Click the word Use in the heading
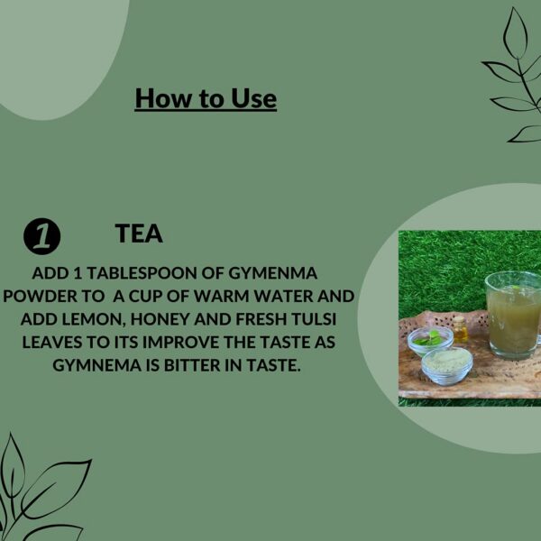point(253,98)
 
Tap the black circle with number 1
point(42,236)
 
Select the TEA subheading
point(139,234)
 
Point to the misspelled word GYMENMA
point(272,273)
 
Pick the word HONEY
point(160,319)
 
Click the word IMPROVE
point(181,343)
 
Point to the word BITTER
point(192,365)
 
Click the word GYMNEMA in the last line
point(97,365)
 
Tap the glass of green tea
point(513,315)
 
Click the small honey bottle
point(460,329)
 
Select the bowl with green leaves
point(430,340)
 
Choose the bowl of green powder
point(447,366)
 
